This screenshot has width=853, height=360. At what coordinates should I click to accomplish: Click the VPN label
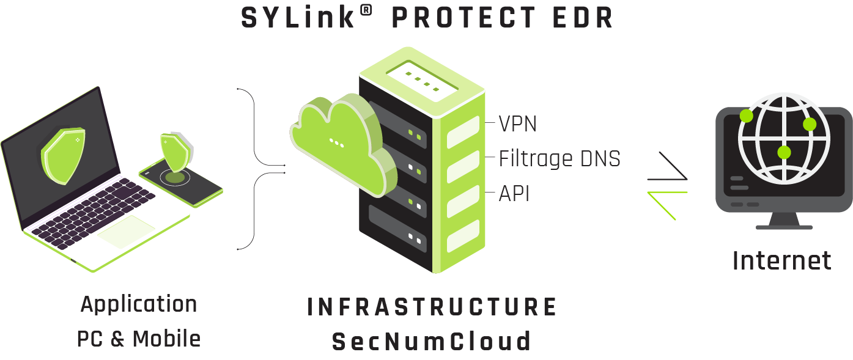click(x=517, y=124)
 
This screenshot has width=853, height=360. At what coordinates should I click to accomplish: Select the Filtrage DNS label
click(x=559, y=159)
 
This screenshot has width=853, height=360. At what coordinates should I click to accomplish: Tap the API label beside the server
click(x=514, y=194)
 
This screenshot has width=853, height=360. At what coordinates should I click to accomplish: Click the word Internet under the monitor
click(x=781, y=260)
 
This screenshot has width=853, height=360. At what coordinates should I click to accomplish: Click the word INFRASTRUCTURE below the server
click(x=432, y=307)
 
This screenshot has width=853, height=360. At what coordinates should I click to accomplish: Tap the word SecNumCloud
click(x=432, y=341)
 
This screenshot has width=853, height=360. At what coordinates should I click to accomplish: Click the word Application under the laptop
click(x=139, y=304)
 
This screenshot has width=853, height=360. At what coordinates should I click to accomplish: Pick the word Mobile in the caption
click(x=166, y=339)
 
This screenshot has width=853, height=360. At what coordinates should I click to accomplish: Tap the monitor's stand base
click(x=784, y=226)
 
